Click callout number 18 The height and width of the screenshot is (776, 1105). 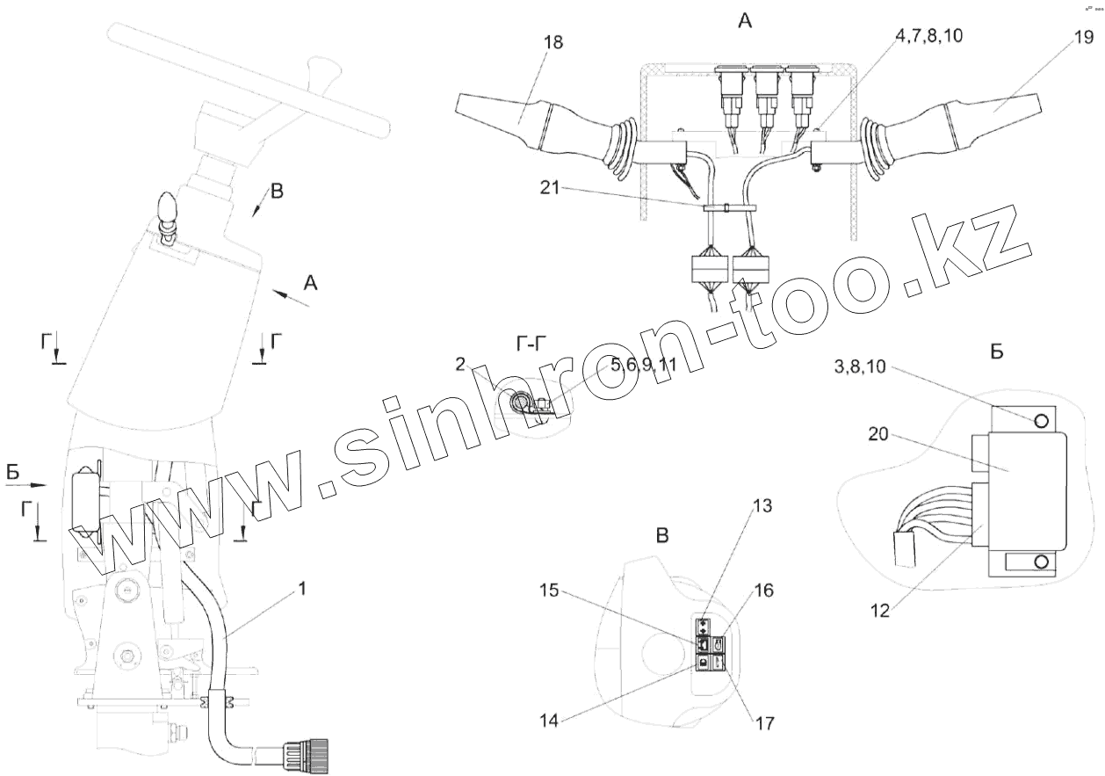pos(553,41)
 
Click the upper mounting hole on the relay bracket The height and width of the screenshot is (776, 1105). pos(1042,420)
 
